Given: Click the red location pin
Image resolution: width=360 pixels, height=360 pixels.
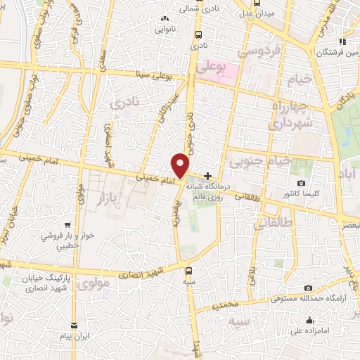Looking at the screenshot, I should click(x=181, y=165).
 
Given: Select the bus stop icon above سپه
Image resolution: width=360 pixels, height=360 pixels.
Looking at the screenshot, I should click(x=188, y=270).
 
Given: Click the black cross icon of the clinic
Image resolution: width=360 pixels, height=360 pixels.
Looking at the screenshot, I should click(x=207, y=175).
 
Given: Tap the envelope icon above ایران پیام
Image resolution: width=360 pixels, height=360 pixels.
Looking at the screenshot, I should click(x=75, y=326).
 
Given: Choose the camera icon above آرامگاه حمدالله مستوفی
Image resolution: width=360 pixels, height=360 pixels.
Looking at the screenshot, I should click(x=308, y=288).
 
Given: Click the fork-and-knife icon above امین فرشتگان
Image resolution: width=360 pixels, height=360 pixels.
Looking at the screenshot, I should click(x=342, y=41).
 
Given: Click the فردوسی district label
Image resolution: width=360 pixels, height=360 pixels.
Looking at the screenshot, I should click(x=259, y=51).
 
